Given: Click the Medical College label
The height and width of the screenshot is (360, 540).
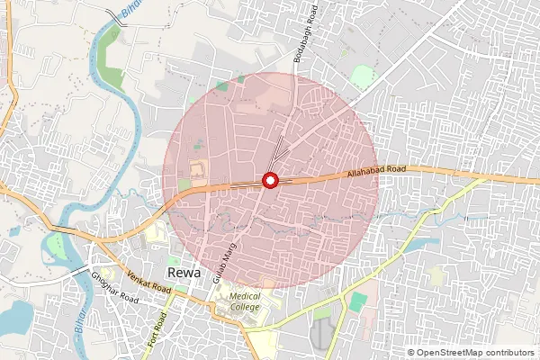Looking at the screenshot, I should (244, 301).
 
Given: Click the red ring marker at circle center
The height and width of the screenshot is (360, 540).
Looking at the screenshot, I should (269, 181).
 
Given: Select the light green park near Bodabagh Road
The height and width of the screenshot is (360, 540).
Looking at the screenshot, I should (362, 77).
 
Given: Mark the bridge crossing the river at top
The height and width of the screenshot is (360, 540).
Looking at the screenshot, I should (114, 17).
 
